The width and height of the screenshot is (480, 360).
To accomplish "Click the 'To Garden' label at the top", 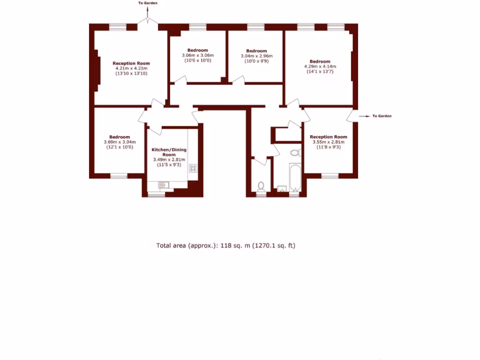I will (148, 3).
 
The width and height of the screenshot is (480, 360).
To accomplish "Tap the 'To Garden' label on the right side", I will (382, 116).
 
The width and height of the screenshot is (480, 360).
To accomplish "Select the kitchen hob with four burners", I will (193, 168).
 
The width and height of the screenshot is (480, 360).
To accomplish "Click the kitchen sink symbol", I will (163, 185).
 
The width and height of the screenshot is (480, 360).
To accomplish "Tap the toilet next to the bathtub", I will (295, 152).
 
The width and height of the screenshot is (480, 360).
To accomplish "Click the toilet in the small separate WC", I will (261, 186).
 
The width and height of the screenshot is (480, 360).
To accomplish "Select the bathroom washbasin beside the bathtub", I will (281, 188).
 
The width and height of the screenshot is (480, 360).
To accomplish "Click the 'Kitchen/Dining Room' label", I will (169, 152).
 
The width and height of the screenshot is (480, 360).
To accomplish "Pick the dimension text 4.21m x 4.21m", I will (131, 68).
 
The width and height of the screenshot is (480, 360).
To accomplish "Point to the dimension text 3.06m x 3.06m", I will (197, 55).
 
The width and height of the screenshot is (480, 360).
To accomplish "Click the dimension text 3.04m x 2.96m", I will (256, 56).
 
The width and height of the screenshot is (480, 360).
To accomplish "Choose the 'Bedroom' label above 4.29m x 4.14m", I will (320, 61).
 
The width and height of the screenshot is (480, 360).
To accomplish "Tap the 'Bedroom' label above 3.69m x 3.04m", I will (120, 137).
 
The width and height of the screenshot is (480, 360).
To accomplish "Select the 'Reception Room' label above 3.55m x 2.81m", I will (329, 137).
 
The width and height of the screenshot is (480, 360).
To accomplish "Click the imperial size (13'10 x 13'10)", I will (131, 74).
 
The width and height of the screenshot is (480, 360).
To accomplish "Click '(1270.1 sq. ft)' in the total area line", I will (274, 246).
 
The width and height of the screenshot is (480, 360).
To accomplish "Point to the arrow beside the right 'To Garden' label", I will (364, 116).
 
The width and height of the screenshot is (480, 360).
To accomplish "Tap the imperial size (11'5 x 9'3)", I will (169, 165).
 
